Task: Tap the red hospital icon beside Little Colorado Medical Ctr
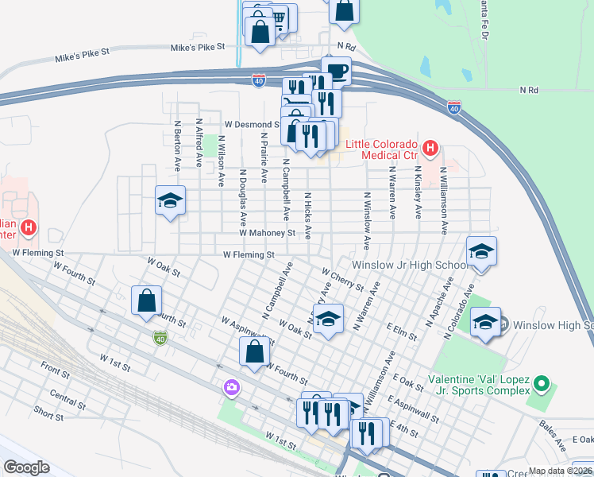tap(430, 147)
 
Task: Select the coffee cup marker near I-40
tap(336, 71)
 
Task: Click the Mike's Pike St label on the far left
tap(81, 57)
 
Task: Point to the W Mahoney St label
tap(267, 233)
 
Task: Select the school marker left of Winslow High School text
tap(485, 323)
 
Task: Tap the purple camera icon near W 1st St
tap(232, 387)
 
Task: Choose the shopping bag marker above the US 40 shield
tap(146, 301)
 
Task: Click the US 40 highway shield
tap(160, 338)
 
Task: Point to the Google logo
tap(26, 467)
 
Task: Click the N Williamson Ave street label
tap(444, 195)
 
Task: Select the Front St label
tap(55, 370)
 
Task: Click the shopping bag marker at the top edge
tap(345, 10)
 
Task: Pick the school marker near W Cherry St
tap(326, 320)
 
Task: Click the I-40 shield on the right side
tap(453, 106)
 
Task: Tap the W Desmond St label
tap(252, 124)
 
